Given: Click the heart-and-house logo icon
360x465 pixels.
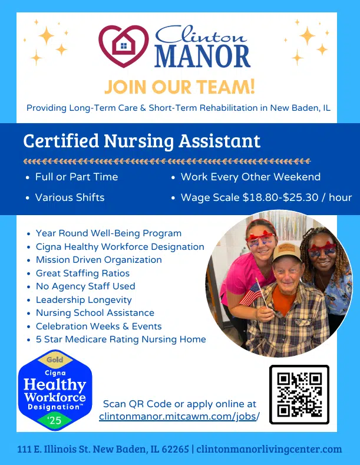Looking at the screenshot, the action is [123, 45].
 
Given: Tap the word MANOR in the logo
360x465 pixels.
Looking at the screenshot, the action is [203, 56].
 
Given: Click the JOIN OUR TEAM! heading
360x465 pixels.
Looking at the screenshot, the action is [179, 86].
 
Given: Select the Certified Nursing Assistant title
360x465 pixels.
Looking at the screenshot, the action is [142, 140].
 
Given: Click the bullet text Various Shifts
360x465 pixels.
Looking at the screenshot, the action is [70, 197].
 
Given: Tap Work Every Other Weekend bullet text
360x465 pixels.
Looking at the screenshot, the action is [250, 177].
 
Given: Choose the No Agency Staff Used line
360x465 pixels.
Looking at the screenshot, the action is [85, 286].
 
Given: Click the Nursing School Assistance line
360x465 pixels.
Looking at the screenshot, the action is [95, 313].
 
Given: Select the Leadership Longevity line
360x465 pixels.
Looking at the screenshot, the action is [84, 300].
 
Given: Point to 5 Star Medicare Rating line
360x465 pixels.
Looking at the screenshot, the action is [121, 339].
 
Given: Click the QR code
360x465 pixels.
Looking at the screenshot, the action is [299, 394].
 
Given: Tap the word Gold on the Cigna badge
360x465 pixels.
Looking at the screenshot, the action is [55, 360].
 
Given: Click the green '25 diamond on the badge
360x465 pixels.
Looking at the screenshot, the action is [55, 420].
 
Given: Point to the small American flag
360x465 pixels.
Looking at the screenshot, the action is [250, 294].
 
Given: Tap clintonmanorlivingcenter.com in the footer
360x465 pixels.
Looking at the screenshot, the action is [269, 449].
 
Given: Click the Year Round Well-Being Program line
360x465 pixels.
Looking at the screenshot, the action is [108, 233].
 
